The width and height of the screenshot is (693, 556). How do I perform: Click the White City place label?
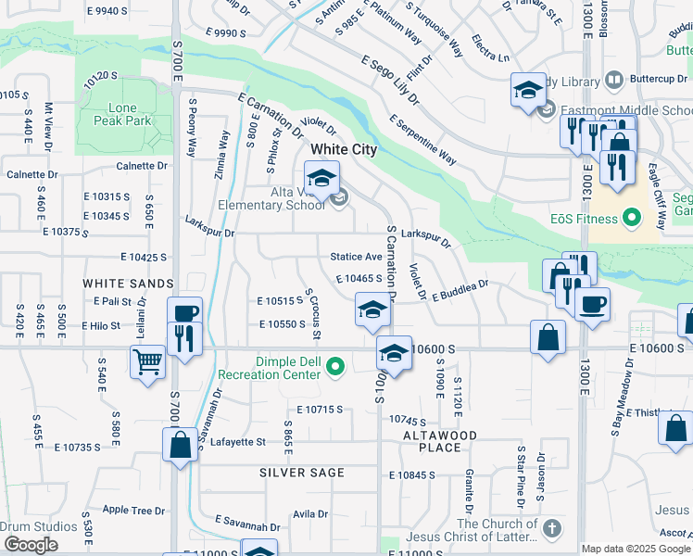(x=343, y=149)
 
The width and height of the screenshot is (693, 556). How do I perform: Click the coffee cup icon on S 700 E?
(x=183, y=311)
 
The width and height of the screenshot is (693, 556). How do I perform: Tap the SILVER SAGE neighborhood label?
(x=302, y=473)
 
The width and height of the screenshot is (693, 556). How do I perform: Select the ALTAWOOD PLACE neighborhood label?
(x=440, y=441)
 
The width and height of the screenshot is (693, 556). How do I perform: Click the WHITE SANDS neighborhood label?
(x=128, y=283)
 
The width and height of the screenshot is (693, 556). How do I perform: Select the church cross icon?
(x=551, y=529)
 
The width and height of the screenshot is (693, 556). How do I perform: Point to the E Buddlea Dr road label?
(x=459, y=289)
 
